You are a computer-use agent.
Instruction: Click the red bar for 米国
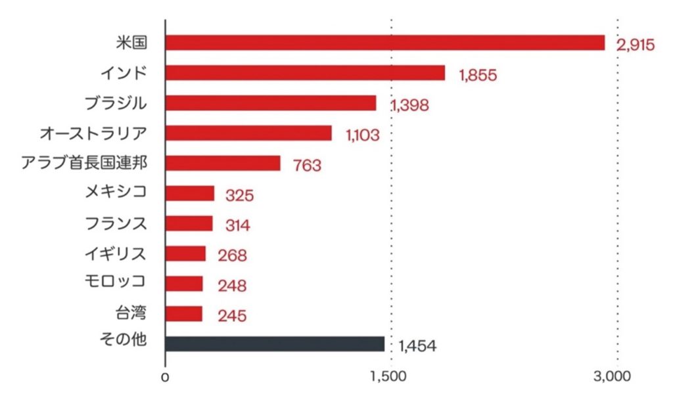click(384, 43)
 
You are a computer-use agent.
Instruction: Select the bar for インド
click(305, 73)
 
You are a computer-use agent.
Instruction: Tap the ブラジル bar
click(271, 103)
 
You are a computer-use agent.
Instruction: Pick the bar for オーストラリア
click(248, 133)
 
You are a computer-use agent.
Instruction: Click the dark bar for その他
click(275, 344)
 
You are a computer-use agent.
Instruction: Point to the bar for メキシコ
click(190, 193)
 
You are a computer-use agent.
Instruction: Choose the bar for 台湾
click(184, 314)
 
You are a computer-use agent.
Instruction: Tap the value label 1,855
click(478, 76)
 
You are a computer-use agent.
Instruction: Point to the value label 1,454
click(417, 346)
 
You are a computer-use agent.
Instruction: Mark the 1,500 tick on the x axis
click(391, 377)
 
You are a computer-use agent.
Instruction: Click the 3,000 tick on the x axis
click(616, 377)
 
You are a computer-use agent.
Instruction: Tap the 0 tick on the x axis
click(166, 377)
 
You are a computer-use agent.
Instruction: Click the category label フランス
click(116, 223)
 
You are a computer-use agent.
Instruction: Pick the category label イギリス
click(116, 253)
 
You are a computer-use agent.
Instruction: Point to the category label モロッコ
click(116, 282)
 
